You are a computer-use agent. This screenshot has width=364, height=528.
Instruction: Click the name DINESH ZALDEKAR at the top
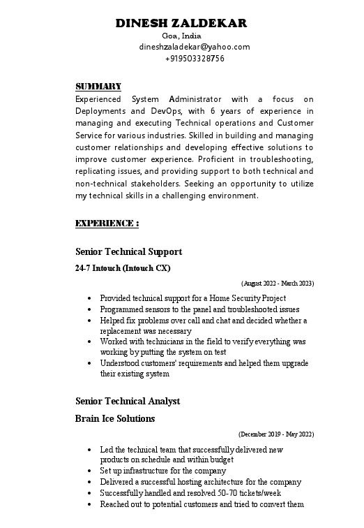[181, 23]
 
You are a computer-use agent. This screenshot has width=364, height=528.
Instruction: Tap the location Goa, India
[181, 36]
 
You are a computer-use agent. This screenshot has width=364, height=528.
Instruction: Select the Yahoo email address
[195, 47]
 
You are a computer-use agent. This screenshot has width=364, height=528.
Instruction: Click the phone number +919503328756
[195, 59]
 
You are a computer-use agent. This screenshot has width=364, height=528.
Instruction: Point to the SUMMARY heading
[98, 87]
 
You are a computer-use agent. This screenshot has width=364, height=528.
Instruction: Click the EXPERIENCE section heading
[107, 223]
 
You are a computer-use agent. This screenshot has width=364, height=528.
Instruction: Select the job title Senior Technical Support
[128, 251]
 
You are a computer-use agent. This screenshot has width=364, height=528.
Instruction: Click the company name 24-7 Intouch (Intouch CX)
[123, 268]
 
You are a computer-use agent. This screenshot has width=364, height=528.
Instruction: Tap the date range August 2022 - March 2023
[278, 284]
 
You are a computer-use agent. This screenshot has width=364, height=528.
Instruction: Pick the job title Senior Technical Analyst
[128, 401]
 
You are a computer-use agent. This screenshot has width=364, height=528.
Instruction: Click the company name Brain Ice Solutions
[115, 419]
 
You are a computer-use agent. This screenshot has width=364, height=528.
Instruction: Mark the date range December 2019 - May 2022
[276, 434]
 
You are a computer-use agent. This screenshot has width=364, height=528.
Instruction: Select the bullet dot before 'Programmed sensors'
[90, 309]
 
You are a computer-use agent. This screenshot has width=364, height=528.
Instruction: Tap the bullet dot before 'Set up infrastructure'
[90, 471]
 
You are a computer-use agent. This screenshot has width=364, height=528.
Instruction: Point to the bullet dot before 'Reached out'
[90, 504]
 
